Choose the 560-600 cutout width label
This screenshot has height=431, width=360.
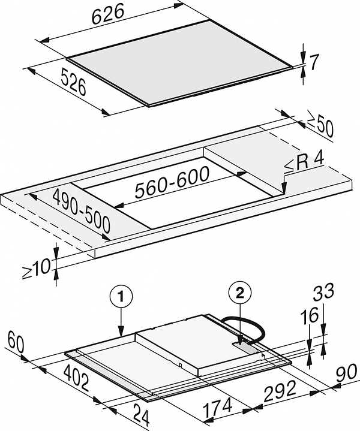click(x=172, y=183)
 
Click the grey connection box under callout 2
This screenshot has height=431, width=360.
click(x=245, y=346)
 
